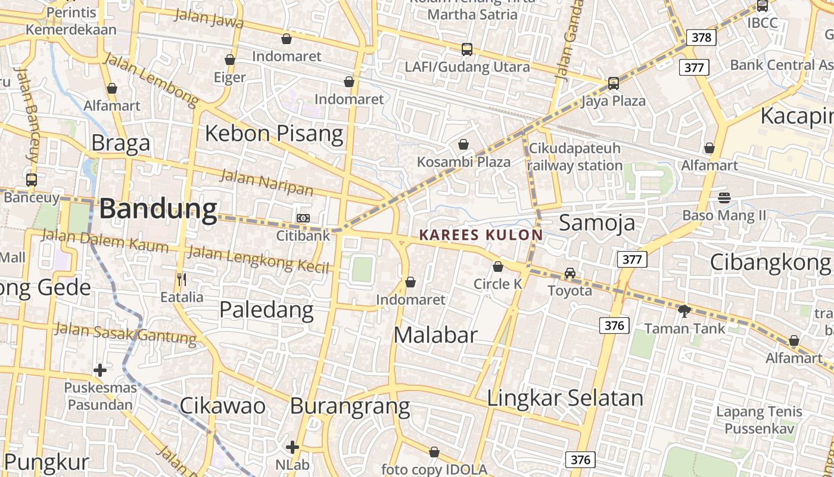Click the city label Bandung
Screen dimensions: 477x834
[x=158, y=209]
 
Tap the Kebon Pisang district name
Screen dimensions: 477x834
[x=274, y=134]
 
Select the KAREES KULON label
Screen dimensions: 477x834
[x=481, y=235]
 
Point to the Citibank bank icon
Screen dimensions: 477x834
[x=303, y=218]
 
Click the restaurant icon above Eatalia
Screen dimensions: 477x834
[x=182, y=278]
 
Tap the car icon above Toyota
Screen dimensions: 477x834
[x=570, y=272]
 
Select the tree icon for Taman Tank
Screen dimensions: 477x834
[x=684, y=310]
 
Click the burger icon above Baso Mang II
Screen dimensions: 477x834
[x=724, y=197]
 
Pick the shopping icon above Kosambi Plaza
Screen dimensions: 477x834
[x=463, y=144]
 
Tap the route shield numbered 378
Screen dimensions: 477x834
[x=701, y=38]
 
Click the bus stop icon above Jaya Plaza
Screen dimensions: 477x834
[x=614, y=83]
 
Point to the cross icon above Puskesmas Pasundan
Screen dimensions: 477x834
[x=100, y=370]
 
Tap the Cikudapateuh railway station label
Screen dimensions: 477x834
[x=574, y=157]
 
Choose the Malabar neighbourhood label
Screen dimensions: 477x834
[x=435, y=335]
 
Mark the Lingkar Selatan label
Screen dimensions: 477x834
[x=565, y=398]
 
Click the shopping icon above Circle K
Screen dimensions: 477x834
[x=498, y=267]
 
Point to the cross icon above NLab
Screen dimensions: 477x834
[x=292, y=447]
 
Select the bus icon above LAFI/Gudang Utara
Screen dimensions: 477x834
[x=467, y=49]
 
